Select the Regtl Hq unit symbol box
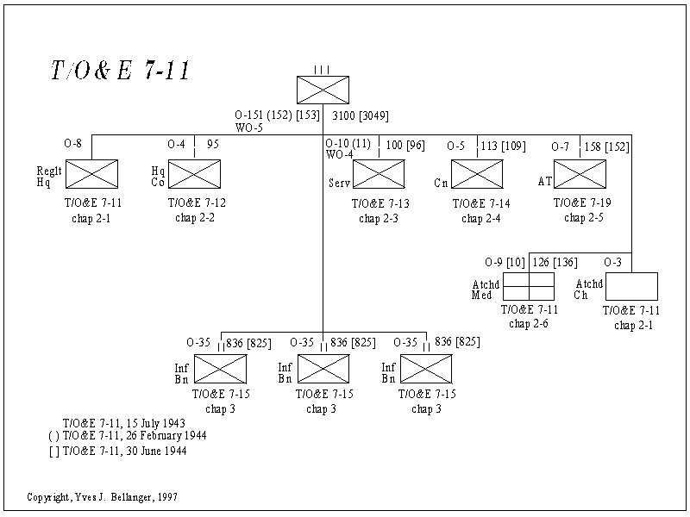(91, 174)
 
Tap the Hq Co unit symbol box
(194, 174)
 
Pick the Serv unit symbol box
(379, 174)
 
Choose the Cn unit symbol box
(477, 174)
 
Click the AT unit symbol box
(580, 174)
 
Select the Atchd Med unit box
(529, 286)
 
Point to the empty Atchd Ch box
(631, 286)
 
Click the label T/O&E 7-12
(198, 204)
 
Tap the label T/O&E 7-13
(380, 204)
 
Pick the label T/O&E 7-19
(583, 204)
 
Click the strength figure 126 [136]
(556, 262)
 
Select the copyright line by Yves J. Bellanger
(103, 498)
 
